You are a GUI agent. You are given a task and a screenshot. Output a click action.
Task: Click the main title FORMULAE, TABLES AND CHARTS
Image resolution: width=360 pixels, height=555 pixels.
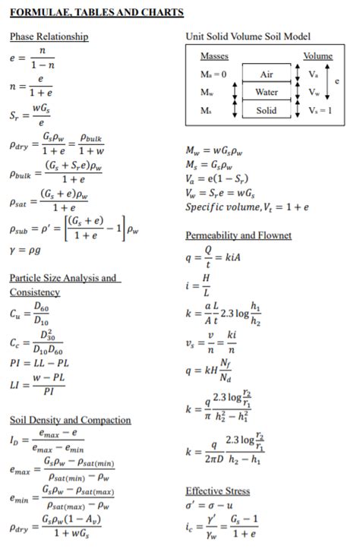[97, 13]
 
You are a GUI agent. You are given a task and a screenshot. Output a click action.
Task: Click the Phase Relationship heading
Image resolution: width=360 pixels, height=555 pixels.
[49, 36]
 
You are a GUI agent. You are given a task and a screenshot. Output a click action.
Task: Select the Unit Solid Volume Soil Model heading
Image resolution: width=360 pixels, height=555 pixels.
[248, 36]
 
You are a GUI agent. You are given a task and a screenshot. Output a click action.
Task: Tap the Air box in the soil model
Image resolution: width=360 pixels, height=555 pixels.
[266, 74]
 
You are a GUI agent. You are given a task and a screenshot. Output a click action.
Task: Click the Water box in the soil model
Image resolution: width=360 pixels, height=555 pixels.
[266, 92]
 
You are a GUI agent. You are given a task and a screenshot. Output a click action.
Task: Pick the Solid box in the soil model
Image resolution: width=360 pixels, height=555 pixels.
[266, 110]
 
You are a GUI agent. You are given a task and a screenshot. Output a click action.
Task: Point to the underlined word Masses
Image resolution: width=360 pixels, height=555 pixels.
[214, 56]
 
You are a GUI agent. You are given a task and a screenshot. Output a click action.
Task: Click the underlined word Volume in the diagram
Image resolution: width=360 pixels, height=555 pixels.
[317, 56]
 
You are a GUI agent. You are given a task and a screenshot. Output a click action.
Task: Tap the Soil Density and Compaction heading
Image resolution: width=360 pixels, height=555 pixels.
[70, 420]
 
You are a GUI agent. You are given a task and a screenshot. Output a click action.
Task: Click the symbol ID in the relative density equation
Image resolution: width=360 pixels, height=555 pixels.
[15, 440]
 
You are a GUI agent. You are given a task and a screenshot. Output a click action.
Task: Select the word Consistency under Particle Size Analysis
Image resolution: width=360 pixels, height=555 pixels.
[34, 292]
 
